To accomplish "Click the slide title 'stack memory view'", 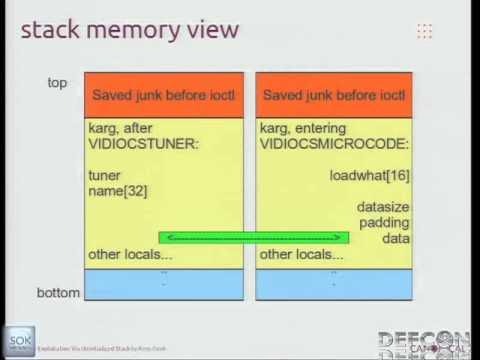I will (130, 29).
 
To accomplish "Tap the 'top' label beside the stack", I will (57, 82).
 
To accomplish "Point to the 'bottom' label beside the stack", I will (59, 293).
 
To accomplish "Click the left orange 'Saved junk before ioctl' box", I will (163, 95).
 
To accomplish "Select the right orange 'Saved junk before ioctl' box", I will (334, 95).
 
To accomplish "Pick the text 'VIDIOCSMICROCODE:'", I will (321, 145).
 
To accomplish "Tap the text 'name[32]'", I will (118, 191).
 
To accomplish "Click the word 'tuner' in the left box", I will (105, 175).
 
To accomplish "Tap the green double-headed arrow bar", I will (253, 238).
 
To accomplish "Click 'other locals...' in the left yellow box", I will (130, 254).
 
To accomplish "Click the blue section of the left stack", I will (163, 284).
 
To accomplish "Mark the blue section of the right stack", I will (334, 284).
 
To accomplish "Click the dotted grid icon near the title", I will (424, 31).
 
